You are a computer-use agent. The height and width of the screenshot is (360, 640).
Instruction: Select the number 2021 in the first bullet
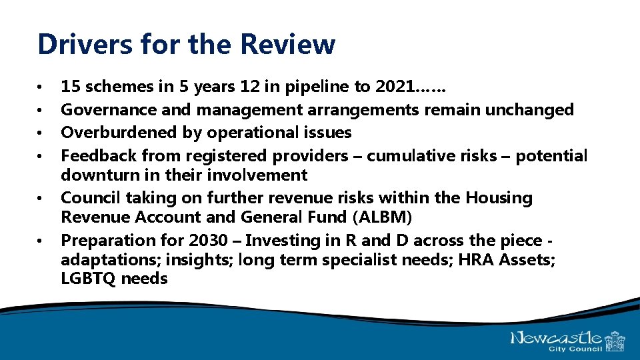pyautogui.click(x=395, y=86)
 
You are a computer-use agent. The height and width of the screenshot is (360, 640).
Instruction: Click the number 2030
pyautogui.click(x=208, y=240)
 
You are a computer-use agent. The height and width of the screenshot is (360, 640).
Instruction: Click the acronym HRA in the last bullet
pyautogui.click(x=473, y=259)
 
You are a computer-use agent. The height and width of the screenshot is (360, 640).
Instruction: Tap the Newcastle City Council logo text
pyautogui.click(x=557, y=339)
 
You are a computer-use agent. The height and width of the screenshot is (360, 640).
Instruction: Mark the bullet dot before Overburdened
pyautogui.click(x=41, y=133)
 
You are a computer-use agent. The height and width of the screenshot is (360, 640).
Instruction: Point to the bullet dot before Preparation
pyautogui.click(x=41, y=241)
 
